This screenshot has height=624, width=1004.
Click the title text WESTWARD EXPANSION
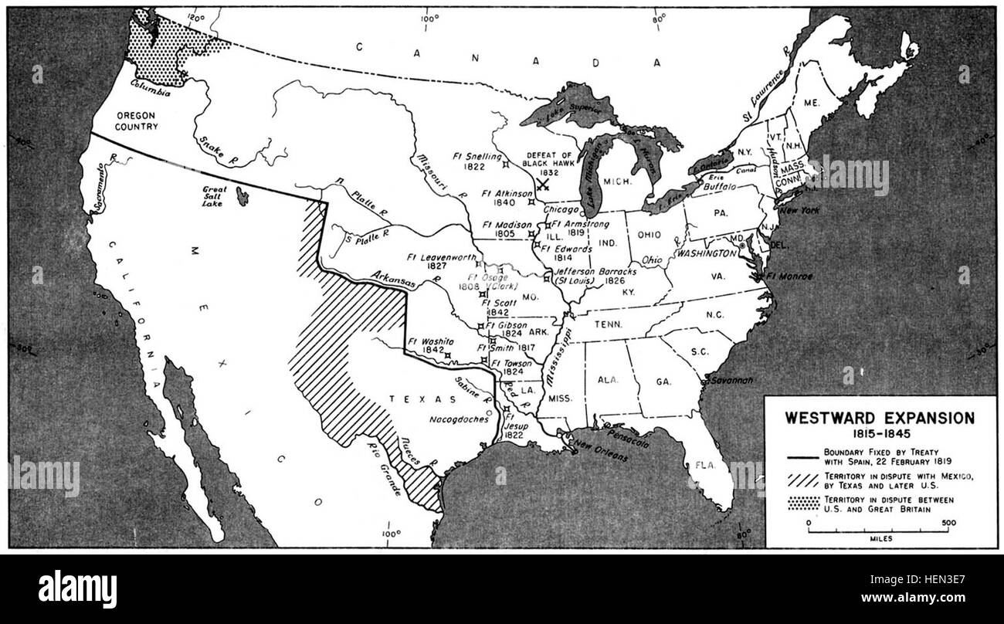[880, 418]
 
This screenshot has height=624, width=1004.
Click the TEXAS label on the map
[410, 399]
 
